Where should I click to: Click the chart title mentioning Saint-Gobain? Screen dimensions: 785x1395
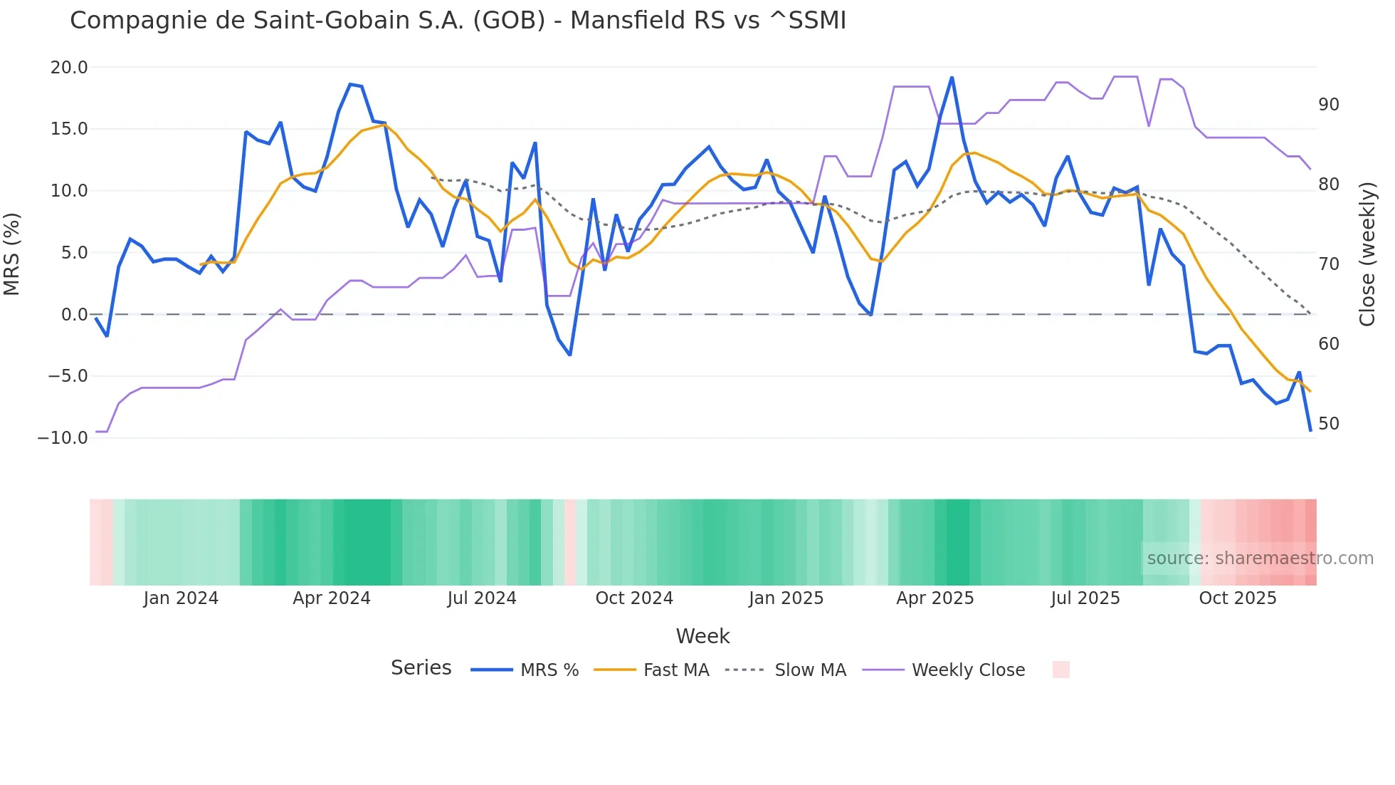point(458,21)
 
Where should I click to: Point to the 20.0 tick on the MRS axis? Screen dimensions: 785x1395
point(69,68)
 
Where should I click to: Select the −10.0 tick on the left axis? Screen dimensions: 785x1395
point(63,438)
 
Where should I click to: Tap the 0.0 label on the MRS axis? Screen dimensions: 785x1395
point(74,315)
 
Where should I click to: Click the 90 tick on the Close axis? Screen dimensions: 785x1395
point(1328,105)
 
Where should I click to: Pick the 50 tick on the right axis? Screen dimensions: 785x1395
point(1328,424)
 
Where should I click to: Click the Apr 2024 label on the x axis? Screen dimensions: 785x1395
point(332,598)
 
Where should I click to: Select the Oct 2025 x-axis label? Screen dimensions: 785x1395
point(1237,598)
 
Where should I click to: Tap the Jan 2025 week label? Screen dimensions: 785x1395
point(786,598)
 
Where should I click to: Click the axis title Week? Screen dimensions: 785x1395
point(702,636)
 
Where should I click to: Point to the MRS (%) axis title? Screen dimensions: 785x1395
point(12,254)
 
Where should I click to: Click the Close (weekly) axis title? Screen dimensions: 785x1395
point(1367,254)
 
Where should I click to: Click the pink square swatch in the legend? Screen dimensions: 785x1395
point(1060,670)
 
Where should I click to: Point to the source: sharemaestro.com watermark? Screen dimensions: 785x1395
point(1260,558)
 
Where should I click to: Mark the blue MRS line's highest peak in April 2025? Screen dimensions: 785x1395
point(952,78)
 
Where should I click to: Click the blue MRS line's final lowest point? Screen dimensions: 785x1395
point(1310,430)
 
